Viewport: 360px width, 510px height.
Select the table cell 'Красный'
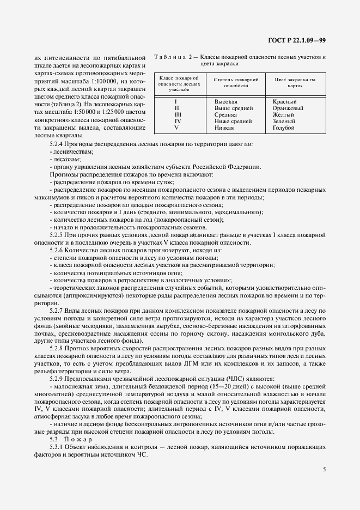pos(284,102)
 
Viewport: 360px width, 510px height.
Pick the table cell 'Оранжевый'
pos(288,108)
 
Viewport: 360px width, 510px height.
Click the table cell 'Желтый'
pos(284,115)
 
